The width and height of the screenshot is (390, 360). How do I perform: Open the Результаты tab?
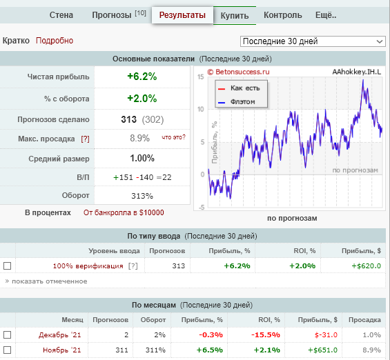182,15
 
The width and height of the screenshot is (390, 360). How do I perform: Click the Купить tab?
235,15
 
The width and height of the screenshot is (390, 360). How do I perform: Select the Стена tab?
61,15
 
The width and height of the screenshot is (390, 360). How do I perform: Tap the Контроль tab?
283,15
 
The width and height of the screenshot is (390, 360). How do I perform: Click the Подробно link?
55,41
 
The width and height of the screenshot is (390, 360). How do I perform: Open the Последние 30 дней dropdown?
313,41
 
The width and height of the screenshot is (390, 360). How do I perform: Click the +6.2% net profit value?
142,77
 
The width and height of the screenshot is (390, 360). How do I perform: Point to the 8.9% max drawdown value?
139,138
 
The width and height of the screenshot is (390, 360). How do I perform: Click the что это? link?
174,137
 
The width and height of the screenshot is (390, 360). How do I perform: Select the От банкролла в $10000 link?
124,212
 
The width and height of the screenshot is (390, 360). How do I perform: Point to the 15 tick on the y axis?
200,77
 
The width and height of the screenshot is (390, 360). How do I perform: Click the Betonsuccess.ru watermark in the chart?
238,72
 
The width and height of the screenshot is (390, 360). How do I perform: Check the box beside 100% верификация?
7,266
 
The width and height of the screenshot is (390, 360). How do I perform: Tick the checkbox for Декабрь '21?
7,335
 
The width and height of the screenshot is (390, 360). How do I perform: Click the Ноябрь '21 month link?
62,350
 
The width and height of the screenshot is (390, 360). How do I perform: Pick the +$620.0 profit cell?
366,266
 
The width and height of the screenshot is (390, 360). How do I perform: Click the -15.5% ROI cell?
265,335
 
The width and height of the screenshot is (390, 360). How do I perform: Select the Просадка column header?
364,320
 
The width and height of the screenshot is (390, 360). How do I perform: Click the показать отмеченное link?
46,281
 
